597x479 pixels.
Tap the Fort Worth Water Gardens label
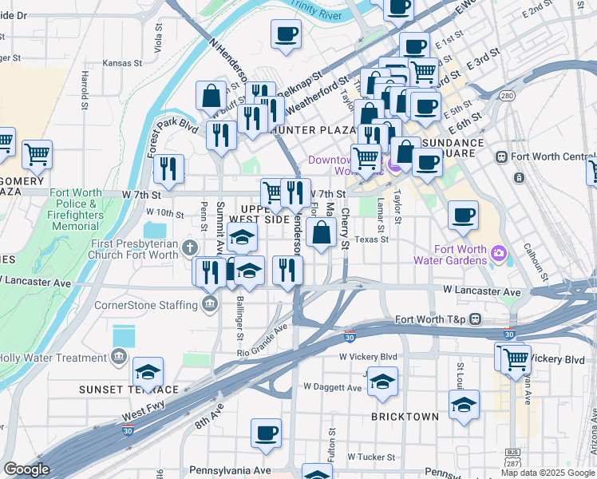(x=449, y=254)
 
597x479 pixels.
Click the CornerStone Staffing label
(x=146, y=304)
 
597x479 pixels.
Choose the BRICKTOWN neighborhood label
(x=405, y=417)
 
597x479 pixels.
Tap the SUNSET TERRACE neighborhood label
(x=128, y=389)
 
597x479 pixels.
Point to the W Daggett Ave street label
(x=333, y=387)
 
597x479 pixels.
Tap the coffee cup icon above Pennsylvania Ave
(x=266, y=433)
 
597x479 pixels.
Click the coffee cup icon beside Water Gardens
(x=463, y=214)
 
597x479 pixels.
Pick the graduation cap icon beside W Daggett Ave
(x=382, y=381)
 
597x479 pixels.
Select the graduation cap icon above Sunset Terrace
(x=148, y=371)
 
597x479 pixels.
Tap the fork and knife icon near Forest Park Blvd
(x=168, y=168)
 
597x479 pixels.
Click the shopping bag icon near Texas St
(x=321, y=234)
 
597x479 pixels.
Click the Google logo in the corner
(x=26, y=469)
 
